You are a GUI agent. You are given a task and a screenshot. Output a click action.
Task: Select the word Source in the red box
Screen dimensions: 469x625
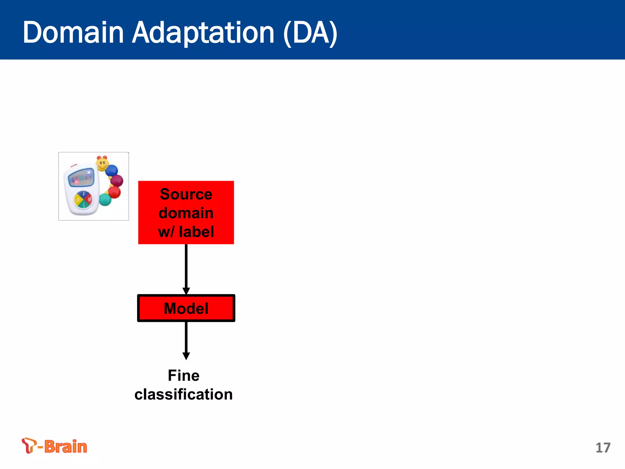[186, 195]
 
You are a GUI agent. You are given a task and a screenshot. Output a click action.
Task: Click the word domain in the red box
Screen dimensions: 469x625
[186, 213]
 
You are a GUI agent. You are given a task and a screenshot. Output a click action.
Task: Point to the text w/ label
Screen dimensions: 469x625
[186, 231]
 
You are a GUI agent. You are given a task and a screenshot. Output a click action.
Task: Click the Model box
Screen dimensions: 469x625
[186, 308]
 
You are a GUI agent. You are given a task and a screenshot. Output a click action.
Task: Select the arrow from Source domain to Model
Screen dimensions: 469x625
[186, 269]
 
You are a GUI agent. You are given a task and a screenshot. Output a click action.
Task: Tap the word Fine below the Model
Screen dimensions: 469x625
[183, 376]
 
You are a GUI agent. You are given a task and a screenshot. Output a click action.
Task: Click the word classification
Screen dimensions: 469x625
[183, 394]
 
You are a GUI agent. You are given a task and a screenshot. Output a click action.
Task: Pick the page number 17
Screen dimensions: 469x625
[603, 448]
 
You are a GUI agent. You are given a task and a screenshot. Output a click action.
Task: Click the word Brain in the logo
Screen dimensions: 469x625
[66, 447]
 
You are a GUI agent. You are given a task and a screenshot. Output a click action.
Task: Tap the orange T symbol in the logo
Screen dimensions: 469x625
[29, 445]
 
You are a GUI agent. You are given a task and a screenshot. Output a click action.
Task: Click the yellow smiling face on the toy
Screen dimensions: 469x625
[102, 164]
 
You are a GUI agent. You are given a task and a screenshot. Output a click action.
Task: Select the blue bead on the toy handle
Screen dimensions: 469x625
[112, 170]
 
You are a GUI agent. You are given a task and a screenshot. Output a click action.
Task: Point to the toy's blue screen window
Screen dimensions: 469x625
[81, 177]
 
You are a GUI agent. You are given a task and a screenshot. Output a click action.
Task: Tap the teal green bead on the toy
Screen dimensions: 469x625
[105, 200]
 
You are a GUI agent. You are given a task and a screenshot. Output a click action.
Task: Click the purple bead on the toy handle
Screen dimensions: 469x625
[117, 181]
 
